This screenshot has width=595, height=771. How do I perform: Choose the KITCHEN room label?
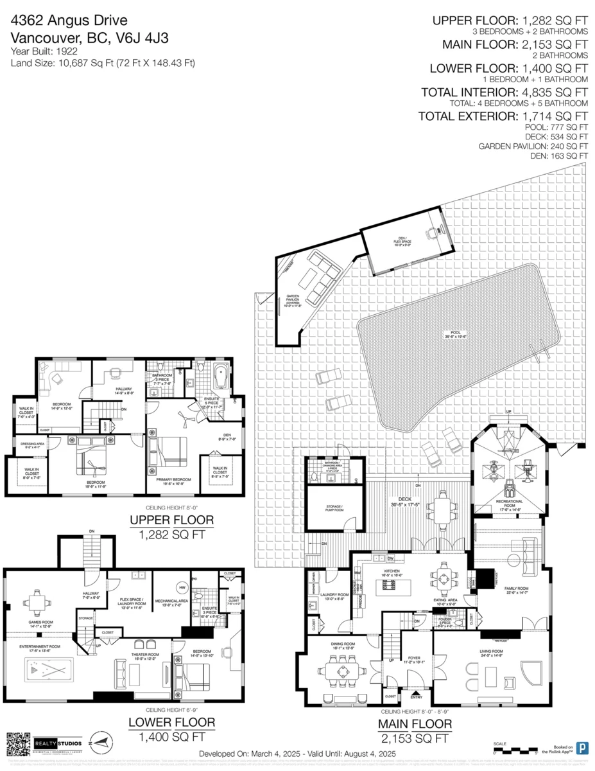(x=392, y=570)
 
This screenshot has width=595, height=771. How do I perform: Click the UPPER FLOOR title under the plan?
(x=171, y=520)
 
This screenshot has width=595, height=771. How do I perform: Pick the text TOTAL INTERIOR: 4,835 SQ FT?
(x=504, y=93)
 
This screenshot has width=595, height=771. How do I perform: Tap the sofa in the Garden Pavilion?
(x=320, y=278)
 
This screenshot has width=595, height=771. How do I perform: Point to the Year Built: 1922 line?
(x=42, y=51)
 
